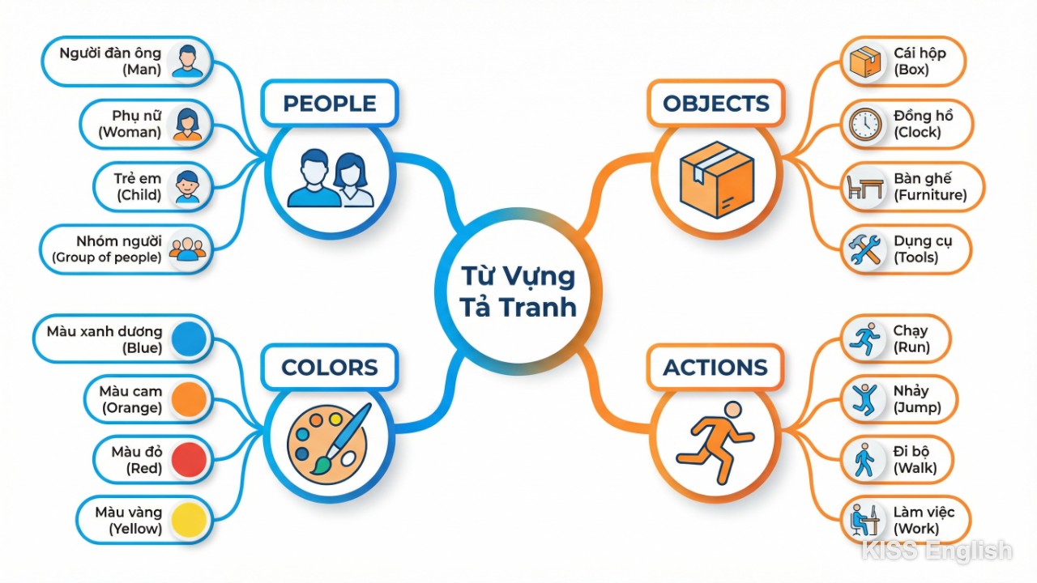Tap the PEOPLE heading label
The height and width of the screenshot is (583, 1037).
(329, 103)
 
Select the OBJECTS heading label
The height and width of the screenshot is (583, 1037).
(715, 103)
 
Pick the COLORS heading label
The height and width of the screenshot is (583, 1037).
(329, 368)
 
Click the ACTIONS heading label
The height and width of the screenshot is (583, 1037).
(715, 368)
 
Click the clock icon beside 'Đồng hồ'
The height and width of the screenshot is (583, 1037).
(864, 124)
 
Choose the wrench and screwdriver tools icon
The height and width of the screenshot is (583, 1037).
(864, 249)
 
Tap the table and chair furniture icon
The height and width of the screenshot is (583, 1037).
(864, 187)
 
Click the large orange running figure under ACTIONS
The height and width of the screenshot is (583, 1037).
(715, 442)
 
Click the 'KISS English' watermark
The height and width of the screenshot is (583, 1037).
(936, 551)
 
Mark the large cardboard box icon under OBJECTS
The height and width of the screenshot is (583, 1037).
(717, 179)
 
